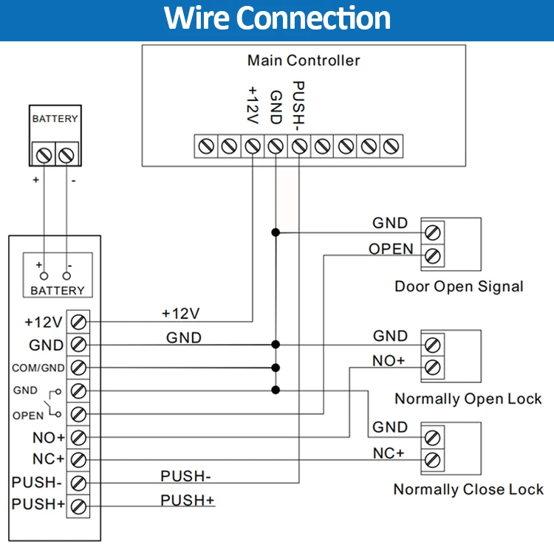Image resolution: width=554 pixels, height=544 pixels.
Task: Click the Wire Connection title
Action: click(x=277, y=18)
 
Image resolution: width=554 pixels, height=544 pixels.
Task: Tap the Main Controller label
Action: click(x=304, y=61)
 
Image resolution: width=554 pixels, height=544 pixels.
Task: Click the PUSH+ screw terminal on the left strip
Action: click(x=78, y=506)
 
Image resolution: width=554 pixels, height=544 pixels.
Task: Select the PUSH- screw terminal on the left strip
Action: click(x=78, y=483)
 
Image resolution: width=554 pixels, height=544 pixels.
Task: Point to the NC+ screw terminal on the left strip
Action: click(x=78, y=459)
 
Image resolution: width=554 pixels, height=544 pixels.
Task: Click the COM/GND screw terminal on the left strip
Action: click(x=78, y=367)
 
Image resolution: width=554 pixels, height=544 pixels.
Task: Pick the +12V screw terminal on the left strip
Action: click(x=78, y=321)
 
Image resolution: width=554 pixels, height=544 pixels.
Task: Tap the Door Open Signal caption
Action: click(x=459, y=286)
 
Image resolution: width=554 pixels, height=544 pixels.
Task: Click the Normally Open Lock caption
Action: click(x=468, y=399)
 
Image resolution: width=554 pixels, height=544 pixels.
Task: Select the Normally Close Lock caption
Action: click(x=468, y=489)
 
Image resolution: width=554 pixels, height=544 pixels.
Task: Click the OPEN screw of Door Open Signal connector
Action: click(x=434, y=256)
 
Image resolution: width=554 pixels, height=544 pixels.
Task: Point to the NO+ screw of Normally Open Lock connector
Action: click(x=434, y=367)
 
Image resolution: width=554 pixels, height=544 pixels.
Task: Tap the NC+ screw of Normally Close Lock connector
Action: click(x=434, y=460)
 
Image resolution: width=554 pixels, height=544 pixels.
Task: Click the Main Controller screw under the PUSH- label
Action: click(x=298, y=145)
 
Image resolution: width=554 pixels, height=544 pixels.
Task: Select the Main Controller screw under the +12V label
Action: click(x=253, y=145)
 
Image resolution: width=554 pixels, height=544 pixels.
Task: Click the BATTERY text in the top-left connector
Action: click(x=55, y=119)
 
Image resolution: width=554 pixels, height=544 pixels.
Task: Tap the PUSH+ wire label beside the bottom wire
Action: click(x=188, y=500)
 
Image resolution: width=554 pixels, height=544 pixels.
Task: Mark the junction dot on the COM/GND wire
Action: click(x=276, y=367)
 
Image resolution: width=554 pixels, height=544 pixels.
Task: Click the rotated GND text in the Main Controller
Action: click(x=276, y=106)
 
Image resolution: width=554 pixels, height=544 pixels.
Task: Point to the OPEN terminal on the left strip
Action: click(x=78, y=413)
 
